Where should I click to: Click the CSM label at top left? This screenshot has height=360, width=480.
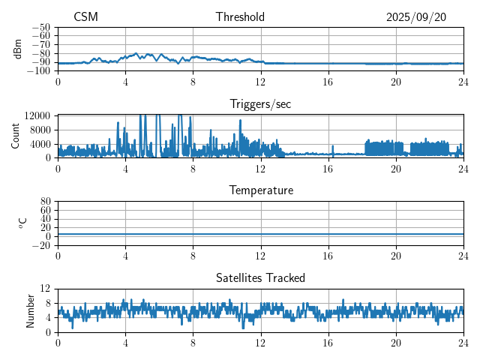[85, 17]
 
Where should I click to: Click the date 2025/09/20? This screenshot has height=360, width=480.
[416, 17]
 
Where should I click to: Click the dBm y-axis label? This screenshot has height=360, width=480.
[18, 49]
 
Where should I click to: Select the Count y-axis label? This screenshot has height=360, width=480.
[15, 136]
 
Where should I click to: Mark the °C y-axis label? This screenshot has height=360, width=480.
[22, 223]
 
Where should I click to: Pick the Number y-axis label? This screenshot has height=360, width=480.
[30, 310]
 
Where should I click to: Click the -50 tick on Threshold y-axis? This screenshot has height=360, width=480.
[41, 27]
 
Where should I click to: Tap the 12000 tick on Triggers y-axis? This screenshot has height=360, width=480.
[37, 115]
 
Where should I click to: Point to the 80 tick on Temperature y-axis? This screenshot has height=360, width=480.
[45, 202]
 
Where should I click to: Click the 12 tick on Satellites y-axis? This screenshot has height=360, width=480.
[45, 289]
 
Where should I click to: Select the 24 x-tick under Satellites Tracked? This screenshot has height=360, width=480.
[463, 341]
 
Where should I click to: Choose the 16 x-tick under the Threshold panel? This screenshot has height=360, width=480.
[328, 81]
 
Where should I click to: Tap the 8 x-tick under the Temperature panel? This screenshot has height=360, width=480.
[193, 255]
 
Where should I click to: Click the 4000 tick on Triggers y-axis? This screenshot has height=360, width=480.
[39, 144]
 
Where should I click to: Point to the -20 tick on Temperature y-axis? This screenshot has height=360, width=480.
[41, 245]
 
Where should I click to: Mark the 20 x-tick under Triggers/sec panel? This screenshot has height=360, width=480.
[396, 168]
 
